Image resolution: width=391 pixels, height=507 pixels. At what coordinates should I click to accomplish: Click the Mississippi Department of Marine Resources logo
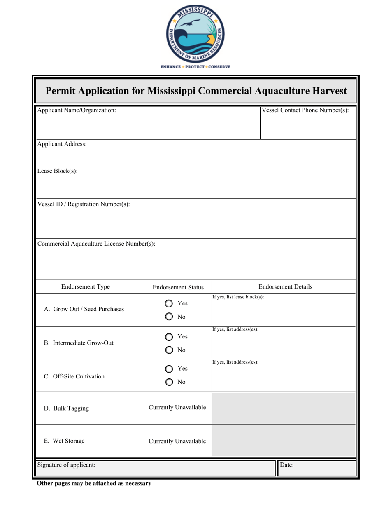pyautogui.click(x=195, y=36)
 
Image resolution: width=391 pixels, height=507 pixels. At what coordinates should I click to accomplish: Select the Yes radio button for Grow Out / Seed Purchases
pyautogui.click(x=169, y=304)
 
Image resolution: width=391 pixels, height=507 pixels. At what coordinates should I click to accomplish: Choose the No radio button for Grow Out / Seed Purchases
pyautogui.click(x=169, y=317)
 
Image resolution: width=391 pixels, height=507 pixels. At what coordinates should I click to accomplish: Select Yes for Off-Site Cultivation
pyautogui.click(x=169, y=369)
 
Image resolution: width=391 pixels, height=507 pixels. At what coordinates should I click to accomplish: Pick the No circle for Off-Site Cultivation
pyautogui.click(x=169, y=382)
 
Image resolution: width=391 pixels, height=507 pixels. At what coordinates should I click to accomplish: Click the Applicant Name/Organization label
pyautogui.click(x=77, y=110)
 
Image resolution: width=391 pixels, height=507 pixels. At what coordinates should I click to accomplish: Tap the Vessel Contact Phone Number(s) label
pyautogui.click(x=305, y=110)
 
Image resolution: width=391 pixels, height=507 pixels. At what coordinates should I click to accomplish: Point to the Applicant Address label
pyautogui.click(x=62, y=144)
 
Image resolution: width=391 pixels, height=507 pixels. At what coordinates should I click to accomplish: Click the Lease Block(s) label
pyautogui.click(x=57, y=171)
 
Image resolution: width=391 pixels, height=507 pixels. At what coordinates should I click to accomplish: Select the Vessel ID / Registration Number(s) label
pyautogui.click(x=84, y=204)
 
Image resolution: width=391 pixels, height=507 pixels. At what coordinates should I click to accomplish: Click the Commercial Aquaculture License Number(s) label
pyautogui.click(x=96, y=244)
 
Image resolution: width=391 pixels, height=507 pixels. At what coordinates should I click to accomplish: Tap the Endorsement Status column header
pyautogui.click(x=178, y=287)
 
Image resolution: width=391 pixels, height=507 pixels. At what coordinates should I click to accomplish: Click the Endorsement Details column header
pyautogui.click(x=285, y=287)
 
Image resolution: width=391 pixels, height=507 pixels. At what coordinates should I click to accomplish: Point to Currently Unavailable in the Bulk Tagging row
pyautogui.click(x=177, y=408)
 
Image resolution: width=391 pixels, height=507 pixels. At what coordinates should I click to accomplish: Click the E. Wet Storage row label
pyautogui.click(x=64, y=441)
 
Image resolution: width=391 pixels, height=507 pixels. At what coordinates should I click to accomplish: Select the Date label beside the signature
pyautogui.click(x=286, y=465)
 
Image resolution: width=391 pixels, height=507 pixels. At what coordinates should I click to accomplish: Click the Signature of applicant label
pyautogui.click(x=66, y=465)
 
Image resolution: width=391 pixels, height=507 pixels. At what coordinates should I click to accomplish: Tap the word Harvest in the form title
pyautogui.click(x=327, y=91)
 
